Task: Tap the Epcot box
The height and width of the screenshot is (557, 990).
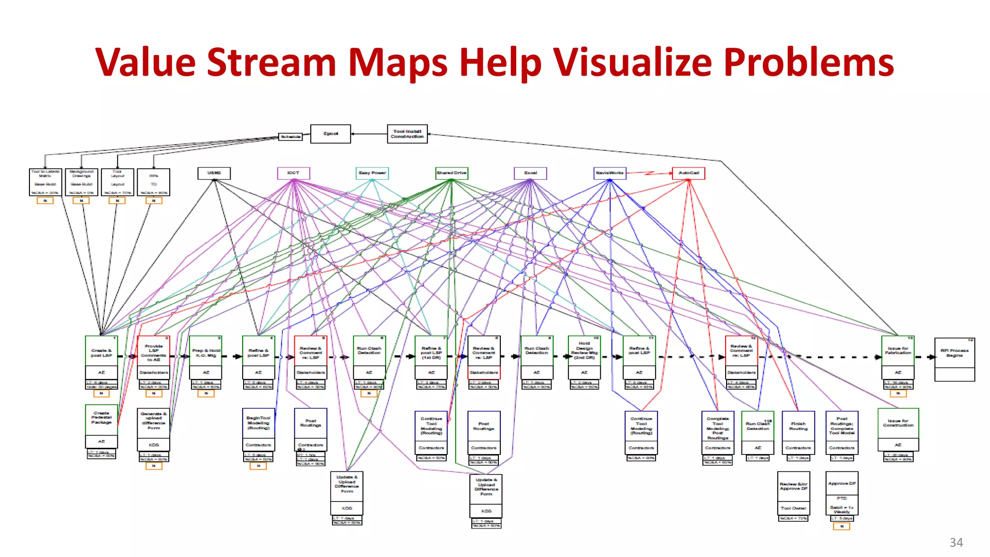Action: tap(331, 134)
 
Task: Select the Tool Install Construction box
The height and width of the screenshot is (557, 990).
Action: tap(407, 134)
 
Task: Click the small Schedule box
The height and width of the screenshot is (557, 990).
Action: tap(290, 137)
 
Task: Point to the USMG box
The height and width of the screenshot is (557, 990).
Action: tap(214, 173)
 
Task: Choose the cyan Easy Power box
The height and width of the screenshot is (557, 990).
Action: tap(372, 173)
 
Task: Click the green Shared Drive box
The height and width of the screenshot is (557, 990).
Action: tap(451, 173)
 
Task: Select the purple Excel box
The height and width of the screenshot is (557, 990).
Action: tap(530, 173)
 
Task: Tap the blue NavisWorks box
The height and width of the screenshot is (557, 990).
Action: tap(610, 173)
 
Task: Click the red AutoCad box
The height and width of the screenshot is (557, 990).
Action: tap(688, 173)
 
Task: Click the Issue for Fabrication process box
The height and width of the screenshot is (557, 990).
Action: tap(898, 351)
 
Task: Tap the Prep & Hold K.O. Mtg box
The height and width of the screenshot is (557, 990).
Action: tap(206, 353)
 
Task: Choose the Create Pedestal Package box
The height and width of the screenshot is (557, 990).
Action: tap(102, 419)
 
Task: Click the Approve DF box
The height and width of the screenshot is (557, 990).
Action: tap(842, 484)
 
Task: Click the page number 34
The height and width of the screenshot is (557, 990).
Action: tap(956, 542)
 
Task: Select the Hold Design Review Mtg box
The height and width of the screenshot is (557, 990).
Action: tap(584, 351)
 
